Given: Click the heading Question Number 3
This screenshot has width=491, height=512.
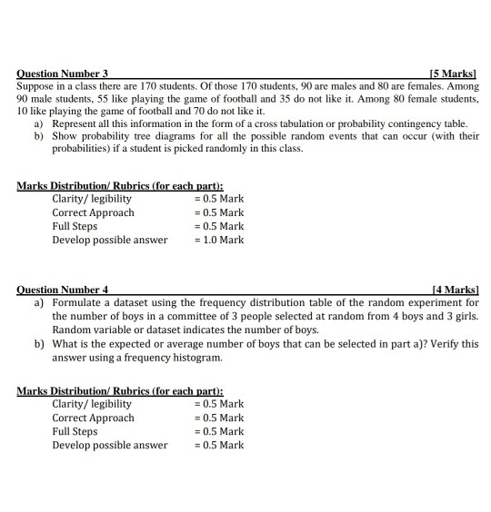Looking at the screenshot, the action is tap(62, 72).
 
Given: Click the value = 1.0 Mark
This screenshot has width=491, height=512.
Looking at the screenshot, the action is tap(219, 240).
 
